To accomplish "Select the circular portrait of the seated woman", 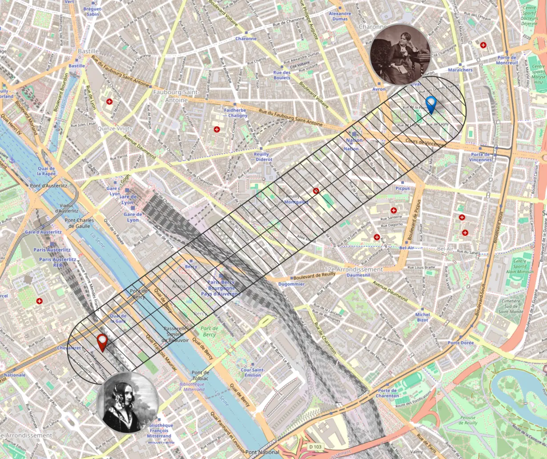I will (x=400, y=54).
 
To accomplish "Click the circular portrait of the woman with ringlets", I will (x=128, y=402).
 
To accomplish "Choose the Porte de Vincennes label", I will (x=481, y=157).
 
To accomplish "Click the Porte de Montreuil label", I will (x=507, y=60).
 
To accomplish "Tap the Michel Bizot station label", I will (x=422, y=317).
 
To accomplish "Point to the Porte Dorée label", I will (x=461, y=343).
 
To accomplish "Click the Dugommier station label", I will (x=291, y=284).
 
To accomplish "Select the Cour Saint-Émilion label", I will (x=250, y=372).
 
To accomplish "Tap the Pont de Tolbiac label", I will (x=200, y=375).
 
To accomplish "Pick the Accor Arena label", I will (x=179, y=283).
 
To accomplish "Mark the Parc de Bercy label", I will (x=209, y=331).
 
